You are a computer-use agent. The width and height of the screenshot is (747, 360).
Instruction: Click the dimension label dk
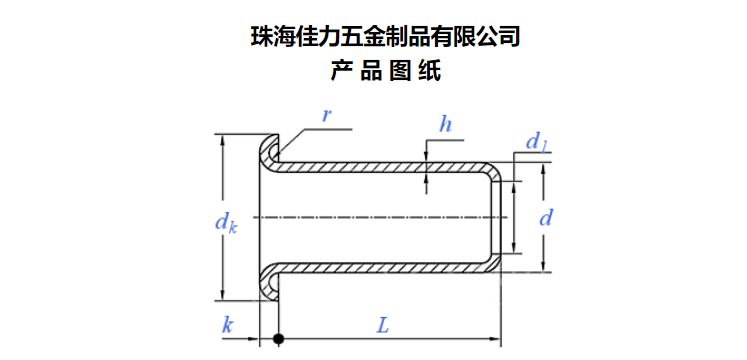point(226,223)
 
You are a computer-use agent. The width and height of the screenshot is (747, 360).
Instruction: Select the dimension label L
point(383,326)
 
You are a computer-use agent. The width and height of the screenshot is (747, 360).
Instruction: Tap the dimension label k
point(228,326)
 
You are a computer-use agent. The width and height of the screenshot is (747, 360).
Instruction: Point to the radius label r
point(326,115)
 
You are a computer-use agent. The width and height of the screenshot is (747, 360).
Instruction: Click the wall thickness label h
point(445,125)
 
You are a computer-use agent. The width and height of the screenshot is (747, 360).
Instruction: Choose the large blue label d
point(546,218)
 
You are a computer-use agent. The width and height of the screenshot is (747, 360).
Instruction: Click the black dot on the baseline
point(278,339)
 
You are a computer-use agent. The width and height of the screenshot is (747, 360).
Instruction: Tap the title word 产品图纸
point(385,71)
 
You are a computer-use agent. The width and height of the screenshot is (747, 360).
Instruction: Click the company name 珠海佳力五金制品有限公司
point(385,38)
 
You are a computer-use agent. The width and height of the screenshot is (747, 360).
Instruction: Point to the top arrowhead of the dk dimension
point(222,140)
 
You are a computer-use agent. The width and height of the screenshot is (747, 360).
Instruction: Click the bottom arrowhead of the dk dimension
point(222,294)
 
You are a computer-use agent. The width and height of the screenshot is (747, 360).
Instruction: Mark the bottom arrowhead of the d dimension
point(543,267)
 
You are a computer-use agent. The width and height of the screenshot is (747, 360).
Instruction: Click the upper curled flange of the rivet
point(269,150)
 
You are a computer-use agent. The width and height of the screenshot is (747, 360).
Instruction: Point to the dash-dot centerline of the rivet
point(376,218)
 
